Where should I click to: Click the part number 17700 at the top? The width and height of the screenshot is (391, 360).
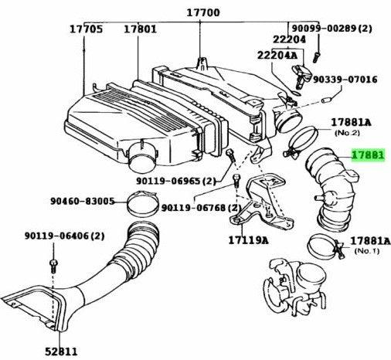coord(202,13)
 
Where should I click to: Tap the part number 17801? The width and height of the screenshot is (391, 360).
coord(140,30)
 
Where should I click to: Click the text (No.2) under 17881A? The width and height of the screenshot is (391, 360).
coord(345,133)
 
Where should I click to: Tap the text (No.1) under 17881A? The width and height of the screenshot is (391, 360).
coord(366,252)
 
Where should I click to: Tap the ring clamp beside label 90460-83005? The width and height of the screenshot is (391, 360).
coord(139,205)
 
